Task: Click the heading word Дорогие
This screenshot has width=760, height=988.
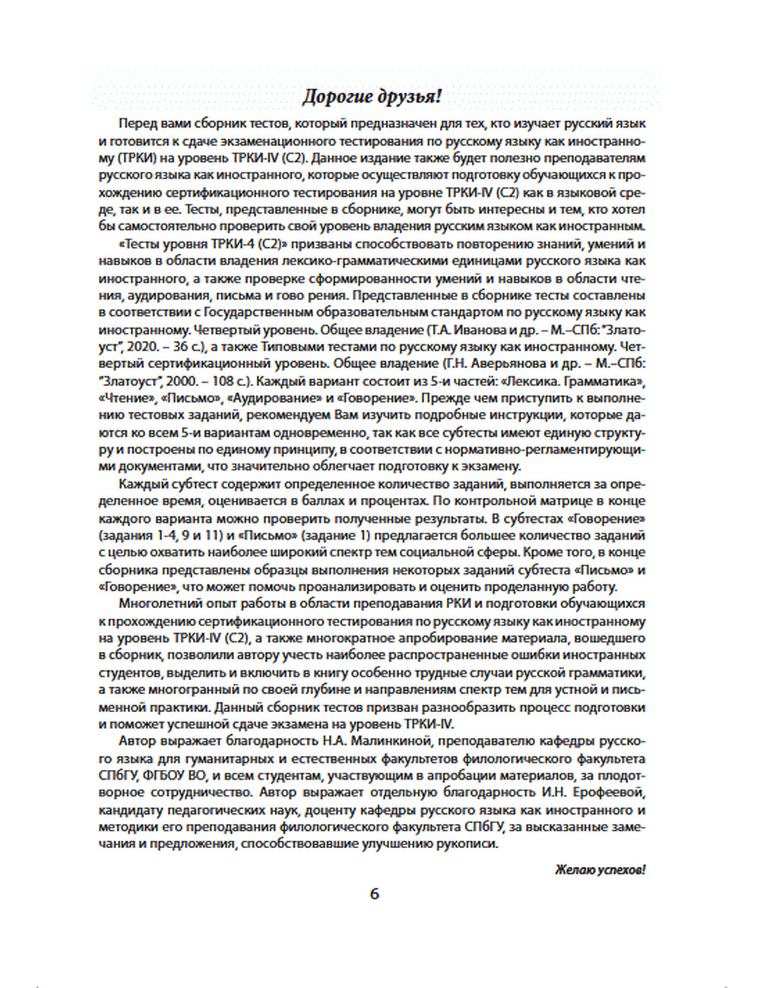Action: click(x=337, y=97)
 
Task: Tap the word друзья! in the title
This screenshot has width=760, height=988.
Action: click(x=410, y=97)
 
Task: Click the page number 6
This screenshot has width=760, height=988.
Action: click(x=374, y=894)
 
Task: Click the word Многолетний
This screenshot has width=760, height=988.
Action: click(x=159, y=603)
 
